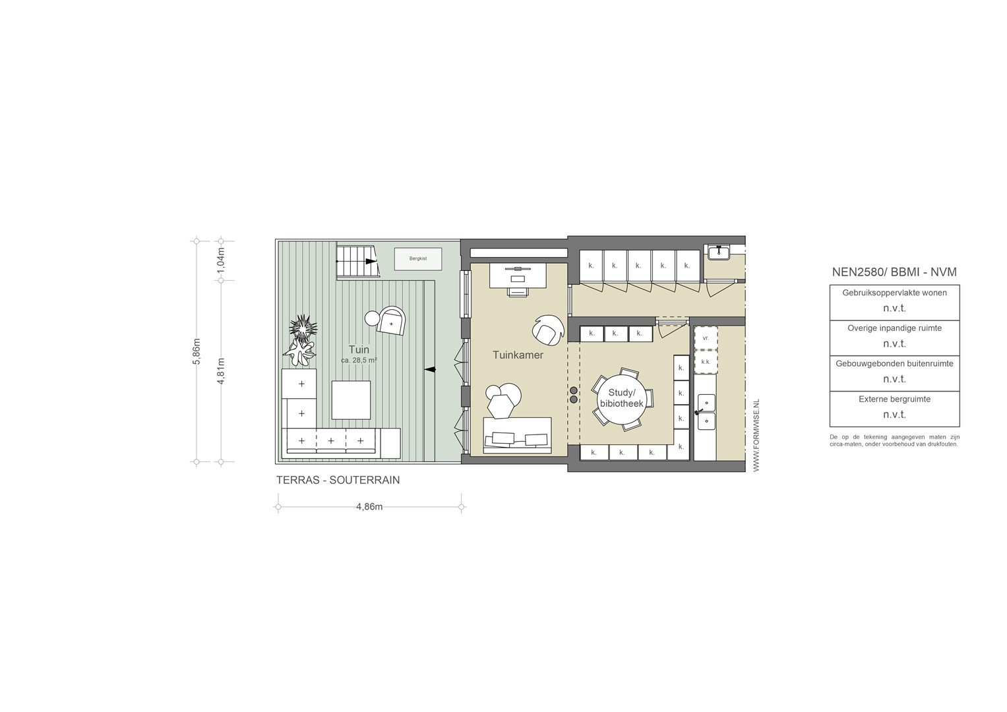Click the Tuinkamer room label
click(x=518, y=355)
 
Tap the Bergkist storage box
click(x=418, y=259)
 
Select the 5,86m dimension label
click(x=197, y=351)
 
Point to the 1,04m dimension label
click(x=221, y=260)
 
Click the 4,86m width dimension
click(x=369, y=506)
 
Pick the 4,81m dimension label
click(x=221, y=371)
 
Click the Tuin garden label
click(x=359, y=349)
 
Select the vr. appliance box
click(x=706, y=338)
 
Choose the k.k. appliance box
click(x=706, y=362)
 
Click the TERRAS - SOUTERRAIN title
click(x=338, y=480)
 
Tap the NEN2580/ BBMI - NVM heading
click(x=894, y=272)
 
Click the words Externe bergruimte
click(x=895, y=399)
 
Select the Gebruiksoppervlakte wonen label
click(x=895, y=293)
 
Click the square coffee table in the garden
click(x=351, y=400)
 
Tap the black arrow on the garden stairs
click(x=371, y=262)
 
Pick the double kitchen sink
click(x=706, y=412)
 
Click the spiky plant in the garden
click(x=303, y=327)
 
